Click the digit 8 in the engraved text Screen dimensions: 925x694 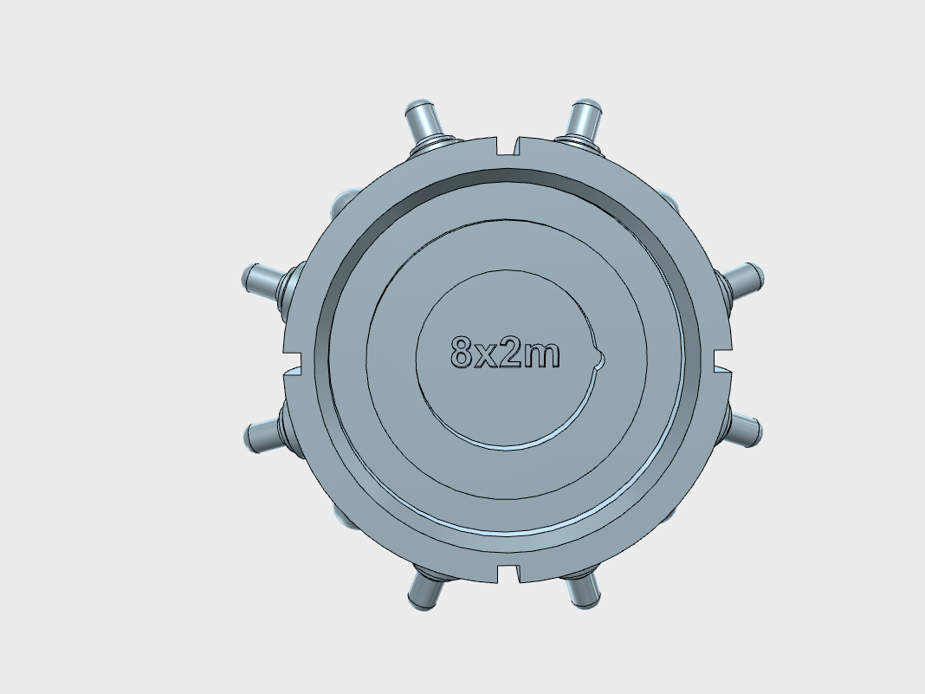tap(462, 352)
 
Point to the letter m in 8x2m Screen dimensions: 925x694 tap(541, 355)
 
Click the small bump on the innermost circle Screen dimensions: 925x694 tap(600, 359)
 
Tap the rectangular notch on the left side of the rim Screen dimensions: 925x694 tap(293, 360)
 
